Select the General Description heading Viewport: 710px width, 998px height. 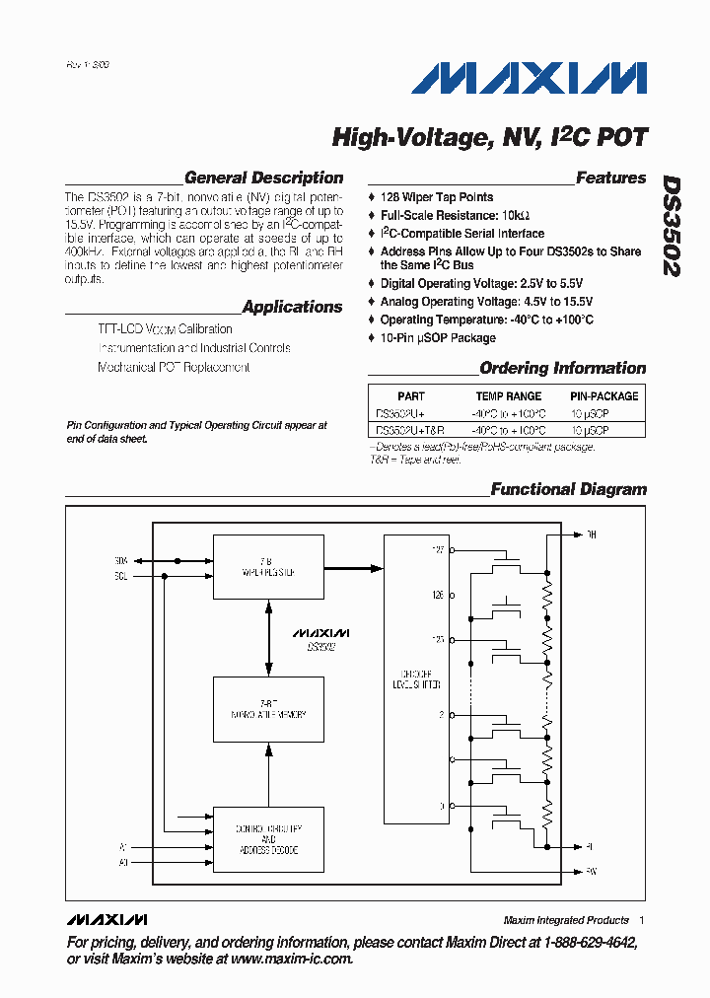click(263, 178)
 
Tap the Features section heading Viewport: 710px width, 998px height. click(610, 178)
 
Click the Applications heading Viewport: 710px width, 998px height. click(292, 307)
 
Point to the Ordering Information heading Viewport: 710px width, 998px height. click(562, 369)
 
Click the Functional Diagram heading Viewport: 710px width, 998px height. click(569, 489)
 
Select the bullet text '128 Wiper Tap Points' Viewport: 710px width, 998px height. click(437, 197)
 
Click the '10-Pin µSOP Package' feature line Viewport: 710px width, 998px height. click(438, 338)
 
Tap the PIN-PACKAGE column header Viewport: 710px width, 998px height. click(603, 396)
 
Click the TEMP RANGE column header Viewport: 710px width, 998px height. click(509, 396)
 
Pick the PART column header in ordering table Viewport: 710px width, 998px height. click(411, 396)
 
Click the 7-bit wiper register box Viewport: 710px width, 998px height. click(269, 566)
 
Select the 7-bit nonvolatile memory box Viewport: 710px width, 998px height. click(269, 709)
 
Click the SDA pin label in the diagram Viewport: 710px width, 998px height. click(121, 560)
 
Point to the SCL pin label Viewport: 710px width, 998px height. click(121, 576)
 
